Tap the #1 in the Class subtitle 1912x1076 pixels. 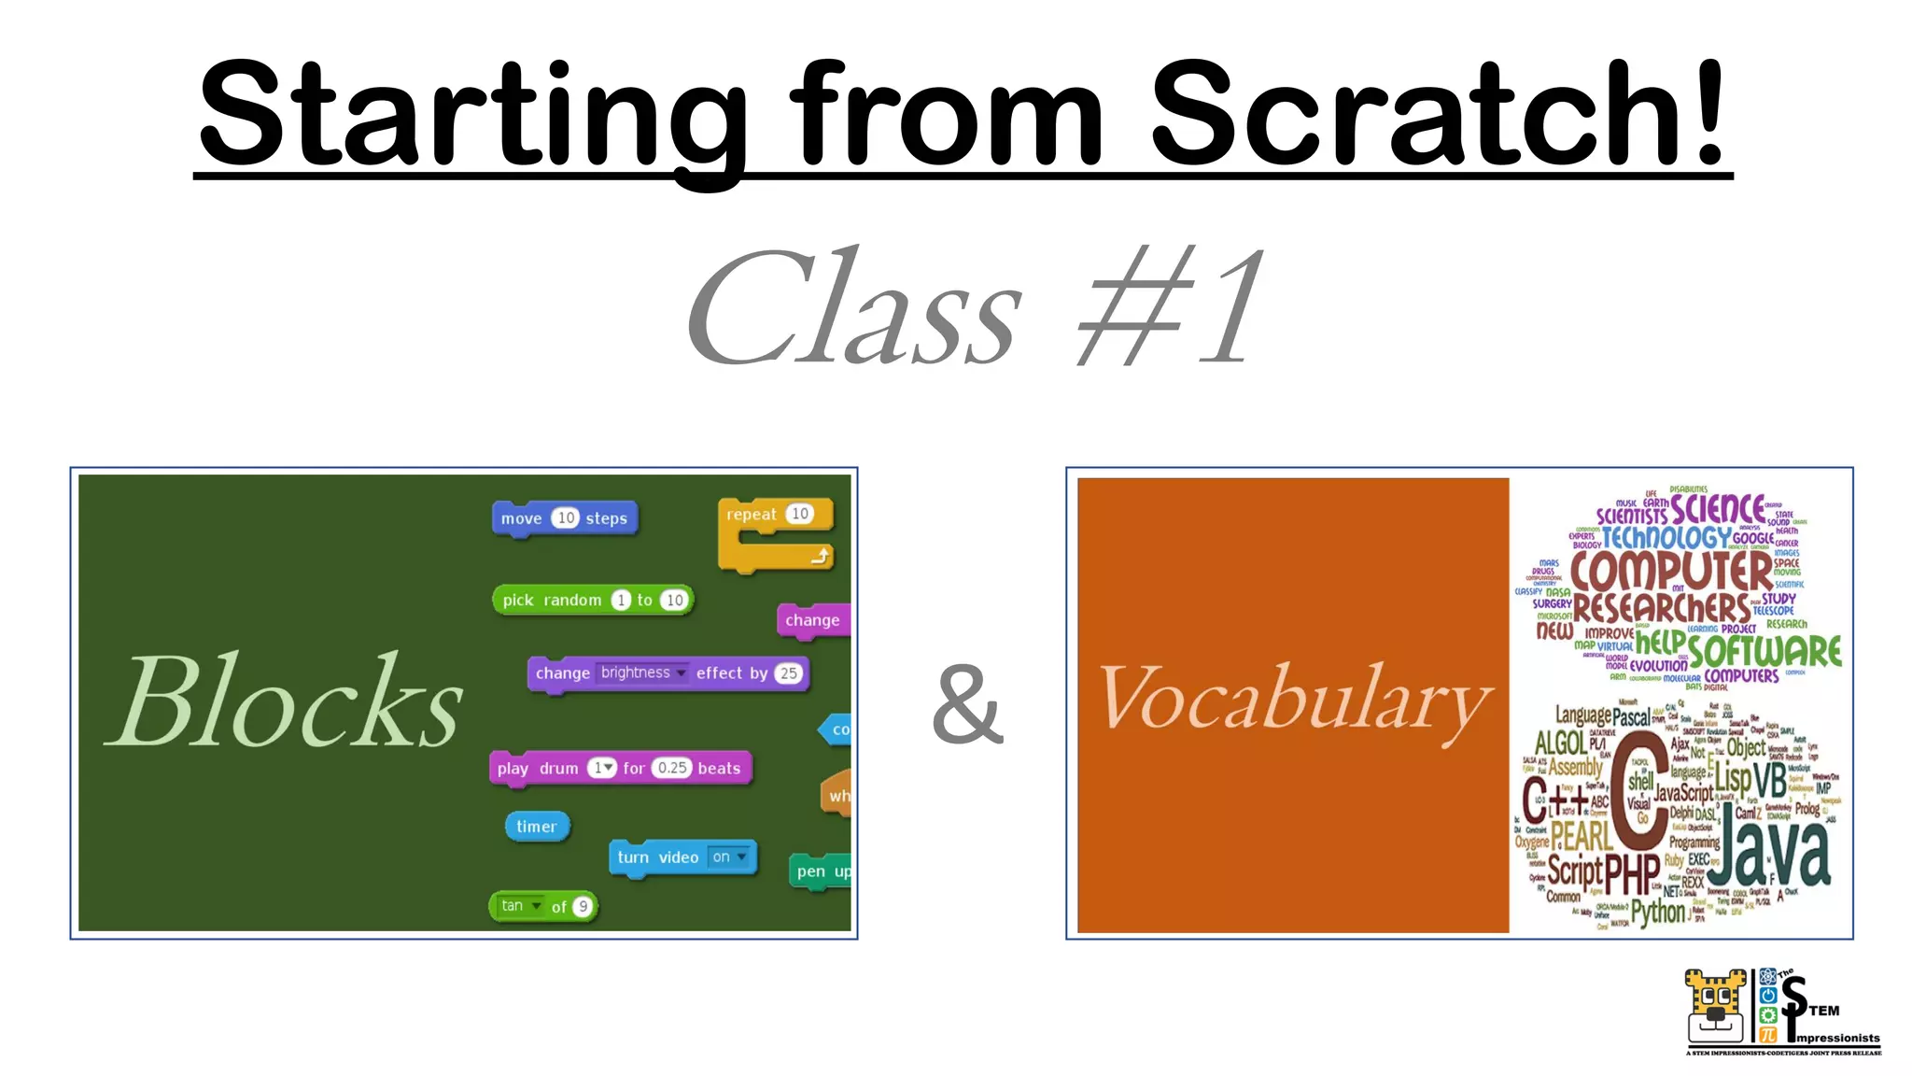point(1172,308)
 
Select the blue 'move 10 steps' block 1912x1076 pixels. point(564,518)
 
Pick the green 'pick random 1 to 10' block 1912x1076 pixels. point(593,600)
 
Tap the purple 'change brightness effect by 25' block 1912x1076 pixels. point(667,673)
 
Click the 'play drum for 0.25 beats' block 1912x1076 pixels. point(619,768)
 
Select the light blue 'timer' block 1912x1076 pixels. point(536,827)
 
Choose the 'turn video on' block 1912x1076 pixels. point(682,857)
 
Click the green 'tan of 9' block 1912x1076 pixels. point(542,906)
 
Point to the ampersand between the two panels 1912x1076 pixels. point(967,705)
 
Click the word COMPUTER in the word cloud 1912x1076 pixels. point(1670,569)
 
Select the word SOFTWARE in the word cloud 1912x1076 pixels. point(1764,650)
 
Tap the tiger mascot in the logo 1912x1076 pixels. point(1715,1007)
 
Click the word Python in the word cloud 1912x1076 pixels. point(1657,912)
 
